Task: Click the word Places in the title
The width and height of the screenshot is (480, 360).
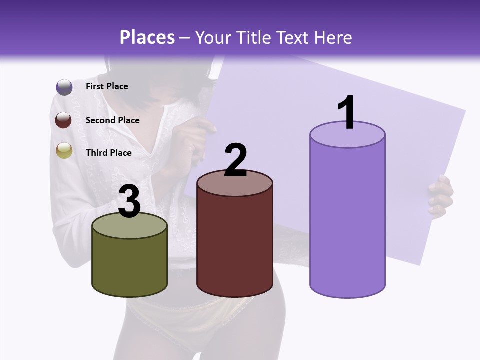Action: click(147, 37)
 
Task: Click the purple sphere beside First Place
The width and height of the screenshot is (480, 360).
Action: click(64, 87)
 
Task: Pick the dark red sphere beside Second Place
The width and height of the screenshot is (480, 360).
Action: click(64, 120)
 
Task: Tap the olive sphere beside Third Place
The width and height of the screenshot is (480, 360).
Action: click(64, 150)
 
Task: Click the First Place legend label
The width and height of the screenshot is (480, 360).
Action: click(107, 86)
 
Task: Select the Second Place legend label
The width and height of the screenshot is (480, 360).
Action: click(112, 120)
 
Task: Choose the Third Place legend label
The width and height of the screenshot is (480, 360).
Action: click(109, 153)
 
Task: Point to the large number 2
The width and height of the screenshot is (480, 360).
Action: click(235, 160)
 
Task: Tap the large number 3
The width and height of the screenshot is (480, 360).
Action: click(129, 202)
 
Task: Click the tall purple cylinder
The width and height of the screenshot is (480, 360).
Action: click(347, 220)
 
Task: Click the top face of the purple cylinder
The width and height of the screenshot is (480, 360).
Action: click(347, 135)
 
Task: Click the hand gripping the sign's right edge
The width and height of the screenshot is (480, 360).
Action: click(441, 196)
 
